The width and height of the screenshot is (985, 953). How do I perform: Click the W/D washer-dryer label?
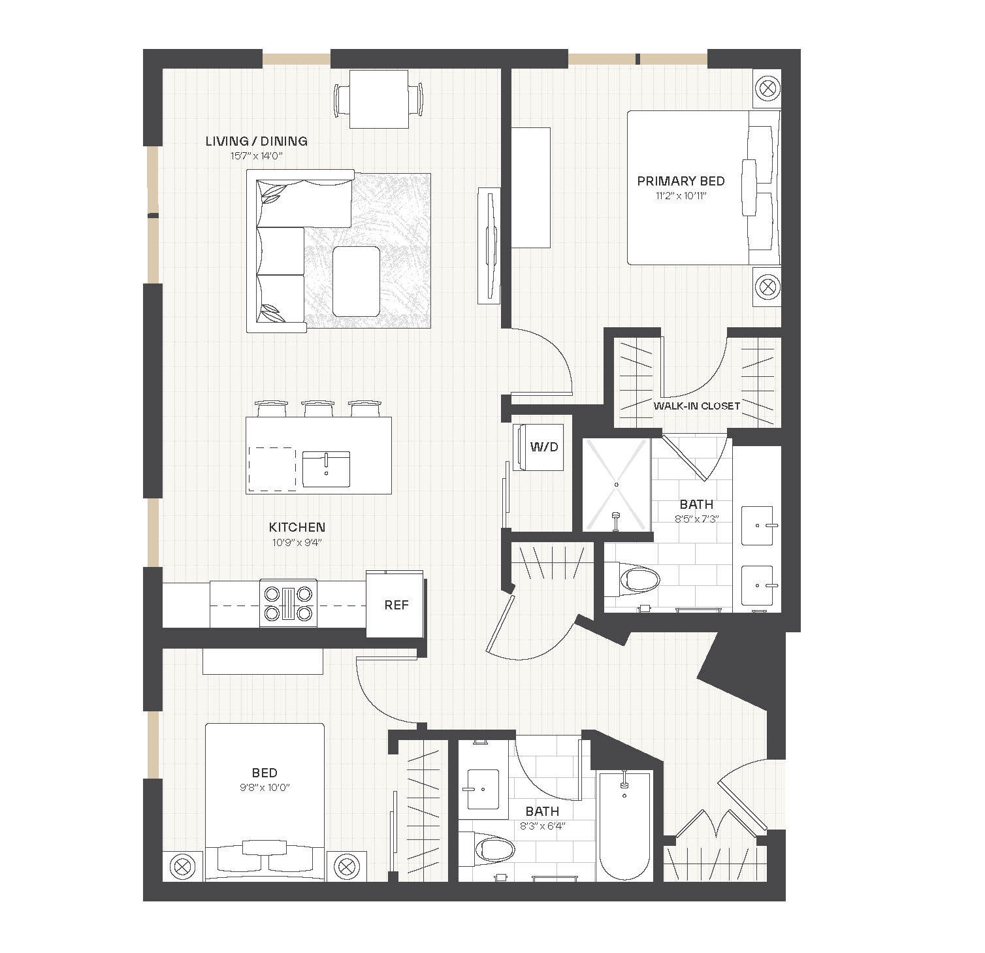tap(544, 447)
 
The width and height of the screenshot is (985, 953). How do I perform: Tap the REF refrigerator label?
tap(396, 605)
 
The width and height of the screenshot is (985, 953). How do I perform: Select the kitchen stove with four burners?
tap(288, 604)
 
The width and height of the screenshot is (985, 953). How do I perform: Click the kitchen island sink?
tap(326, 468)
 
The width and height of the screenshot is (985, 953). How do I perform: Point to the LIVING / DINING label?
tap(256, 141)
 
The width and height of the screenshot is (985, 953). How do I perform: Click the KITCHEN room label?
tap(297, 527)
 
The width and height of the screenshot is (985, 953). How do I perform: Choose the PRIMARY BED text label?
tap(681, 181)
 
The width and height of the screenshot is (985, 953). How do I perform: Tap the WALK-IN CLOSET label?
tap(696, 406)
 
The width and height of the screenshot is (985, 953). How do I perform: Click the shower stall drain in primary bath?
tap(617, 485)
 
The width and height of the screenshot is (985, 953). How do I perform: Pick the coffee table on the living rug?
tap(356, 282)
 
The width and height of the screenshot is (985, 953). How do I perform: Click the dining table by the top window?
tap(379, 99)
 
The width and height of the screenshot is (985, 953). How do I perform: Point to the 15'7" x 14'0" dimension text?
tap(256, 156)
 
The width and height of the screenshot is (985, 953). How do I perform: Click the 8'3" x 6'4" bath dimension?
tap(542, 826)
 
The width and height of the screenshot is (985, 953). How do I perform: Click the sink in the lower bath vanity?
tap(483, 789)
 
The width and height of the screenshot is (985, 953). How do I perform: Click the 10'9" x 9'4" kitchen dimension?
tap(297, 542)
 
